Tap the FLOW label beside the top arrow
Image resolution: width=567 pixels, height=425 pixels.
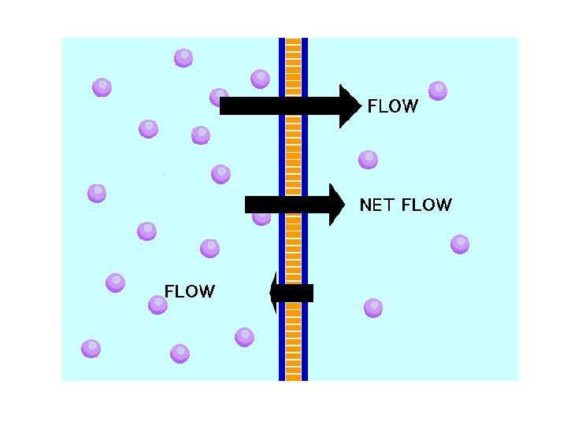[393, 106]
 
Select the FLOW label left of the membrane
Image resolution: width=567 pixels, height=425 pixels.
[189, 291]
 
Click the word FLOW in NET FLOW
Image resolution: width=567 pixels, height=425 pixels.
[427, 205]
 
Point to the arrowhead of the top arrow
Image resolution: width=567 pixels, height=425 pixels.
[350, 105]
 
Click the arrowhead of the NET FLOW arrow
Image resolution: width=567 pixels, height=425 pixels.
[338, 205]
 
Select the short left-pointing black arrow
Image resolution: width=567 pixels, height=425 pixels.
[291, 293]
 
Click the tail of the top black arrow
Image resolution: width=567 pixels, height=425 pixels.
[228, 105]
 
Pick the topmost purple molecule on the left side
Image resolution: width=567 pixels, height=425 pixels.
[183, 57]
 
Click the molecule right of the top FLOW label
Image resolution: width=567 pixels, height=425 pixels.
[438, 91]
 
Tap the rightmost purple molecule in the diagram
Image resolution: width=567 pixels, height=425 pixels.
[460, 244]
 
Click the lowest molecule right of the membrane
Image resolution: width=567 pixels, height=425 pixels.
[373, 307]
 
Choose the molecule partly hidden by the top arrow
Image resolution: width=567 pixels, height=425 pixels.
[217, 96]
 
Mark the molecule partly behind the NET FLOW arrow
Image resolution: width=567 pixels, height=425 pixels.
[261, 217]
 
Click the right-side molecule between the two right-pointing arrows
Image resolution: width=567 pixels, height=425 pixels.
[368, 160]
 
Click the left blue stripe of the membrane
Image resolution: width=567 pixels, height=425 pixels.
[282, 157]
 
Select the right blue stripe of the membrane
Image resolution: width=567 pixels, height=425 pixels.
[305, 157]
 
